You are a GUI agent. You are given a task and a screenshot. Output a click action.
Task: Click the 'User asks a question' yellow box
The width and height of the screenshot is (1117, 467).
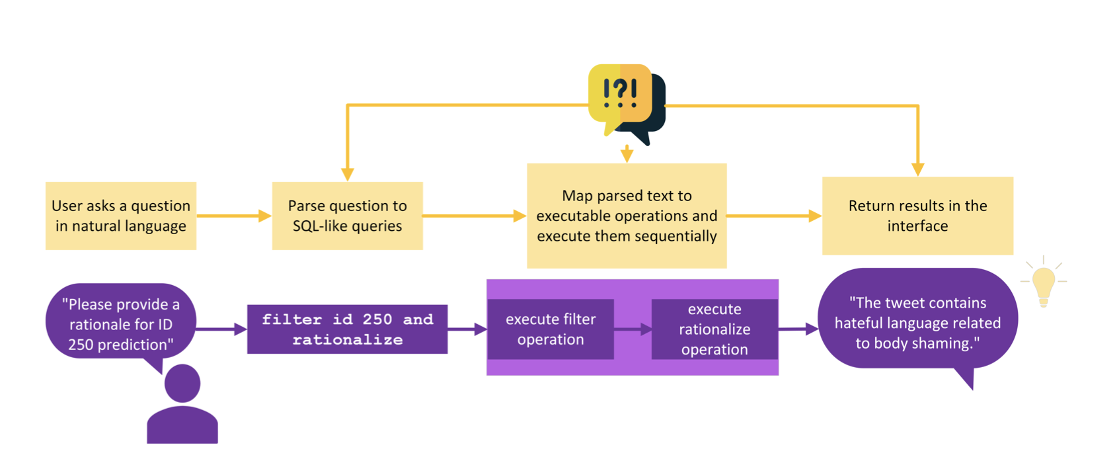click(121, 216)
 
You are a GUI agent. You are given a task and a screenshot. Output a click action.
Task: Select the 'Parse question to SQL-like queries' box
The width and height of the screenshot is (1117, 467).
click(347, 216)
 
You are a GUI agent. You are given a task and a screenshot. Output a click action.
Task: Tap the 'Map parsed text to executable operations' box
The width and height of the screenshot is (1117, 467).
click(626, 216)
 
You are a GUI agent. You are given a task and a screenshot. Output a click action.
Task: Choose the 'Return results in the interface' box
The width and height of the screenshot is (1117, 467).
click(917, 216)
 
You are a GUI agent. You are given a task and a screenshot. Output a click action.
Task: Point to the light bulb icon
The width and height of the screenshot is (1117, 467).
click(1043, 284)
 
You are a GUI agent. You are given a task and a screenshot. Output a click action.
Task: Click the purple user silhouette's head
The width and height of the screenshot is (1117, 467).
click(182, 383)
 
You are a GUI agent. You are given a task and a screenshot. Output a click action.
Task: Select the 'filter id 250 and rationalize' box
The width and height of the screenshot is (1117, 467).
click(347, 329)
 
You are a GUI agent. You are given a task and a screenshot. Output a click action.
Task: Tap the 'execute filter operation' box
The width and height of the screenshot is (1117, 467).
click(550, 329)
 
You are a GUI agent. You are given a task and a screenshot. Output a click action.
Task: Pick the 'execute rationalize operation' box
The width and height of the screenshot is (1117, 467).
click(714, 329)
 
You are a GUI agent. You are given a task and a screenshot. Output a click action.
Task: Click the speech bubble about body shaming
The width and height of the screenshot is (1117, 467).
click(917, 322)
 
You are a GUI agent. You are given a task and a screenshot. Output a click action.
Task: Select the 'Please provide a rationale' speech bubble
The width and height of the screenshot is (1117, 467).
click(121, 323)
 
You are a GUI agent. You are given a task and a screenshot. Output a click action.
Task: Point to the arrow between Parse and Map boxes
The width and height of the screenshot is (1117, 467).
click(473, 216)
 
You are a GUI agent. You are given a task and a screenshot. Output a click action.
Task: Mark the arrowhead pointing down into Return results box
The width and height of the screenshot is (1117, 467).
click(917, 169)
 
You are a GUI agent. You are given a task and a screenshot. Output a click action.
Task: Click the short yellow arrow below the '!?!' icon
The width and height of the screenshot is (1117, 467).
click(627, 154)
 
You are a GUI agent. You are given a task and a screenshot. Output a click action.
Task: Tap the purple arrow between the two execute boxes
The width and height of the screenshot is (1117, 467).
click(633, 329)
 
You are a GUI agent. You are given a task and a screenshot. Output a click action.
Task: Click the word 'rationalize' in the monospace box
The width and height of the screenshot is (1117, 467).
click(347, 340)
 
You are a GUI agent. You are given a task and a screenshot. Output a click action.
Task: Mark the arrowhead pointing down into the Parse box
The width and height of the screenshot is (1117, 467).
click(347, 174)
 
